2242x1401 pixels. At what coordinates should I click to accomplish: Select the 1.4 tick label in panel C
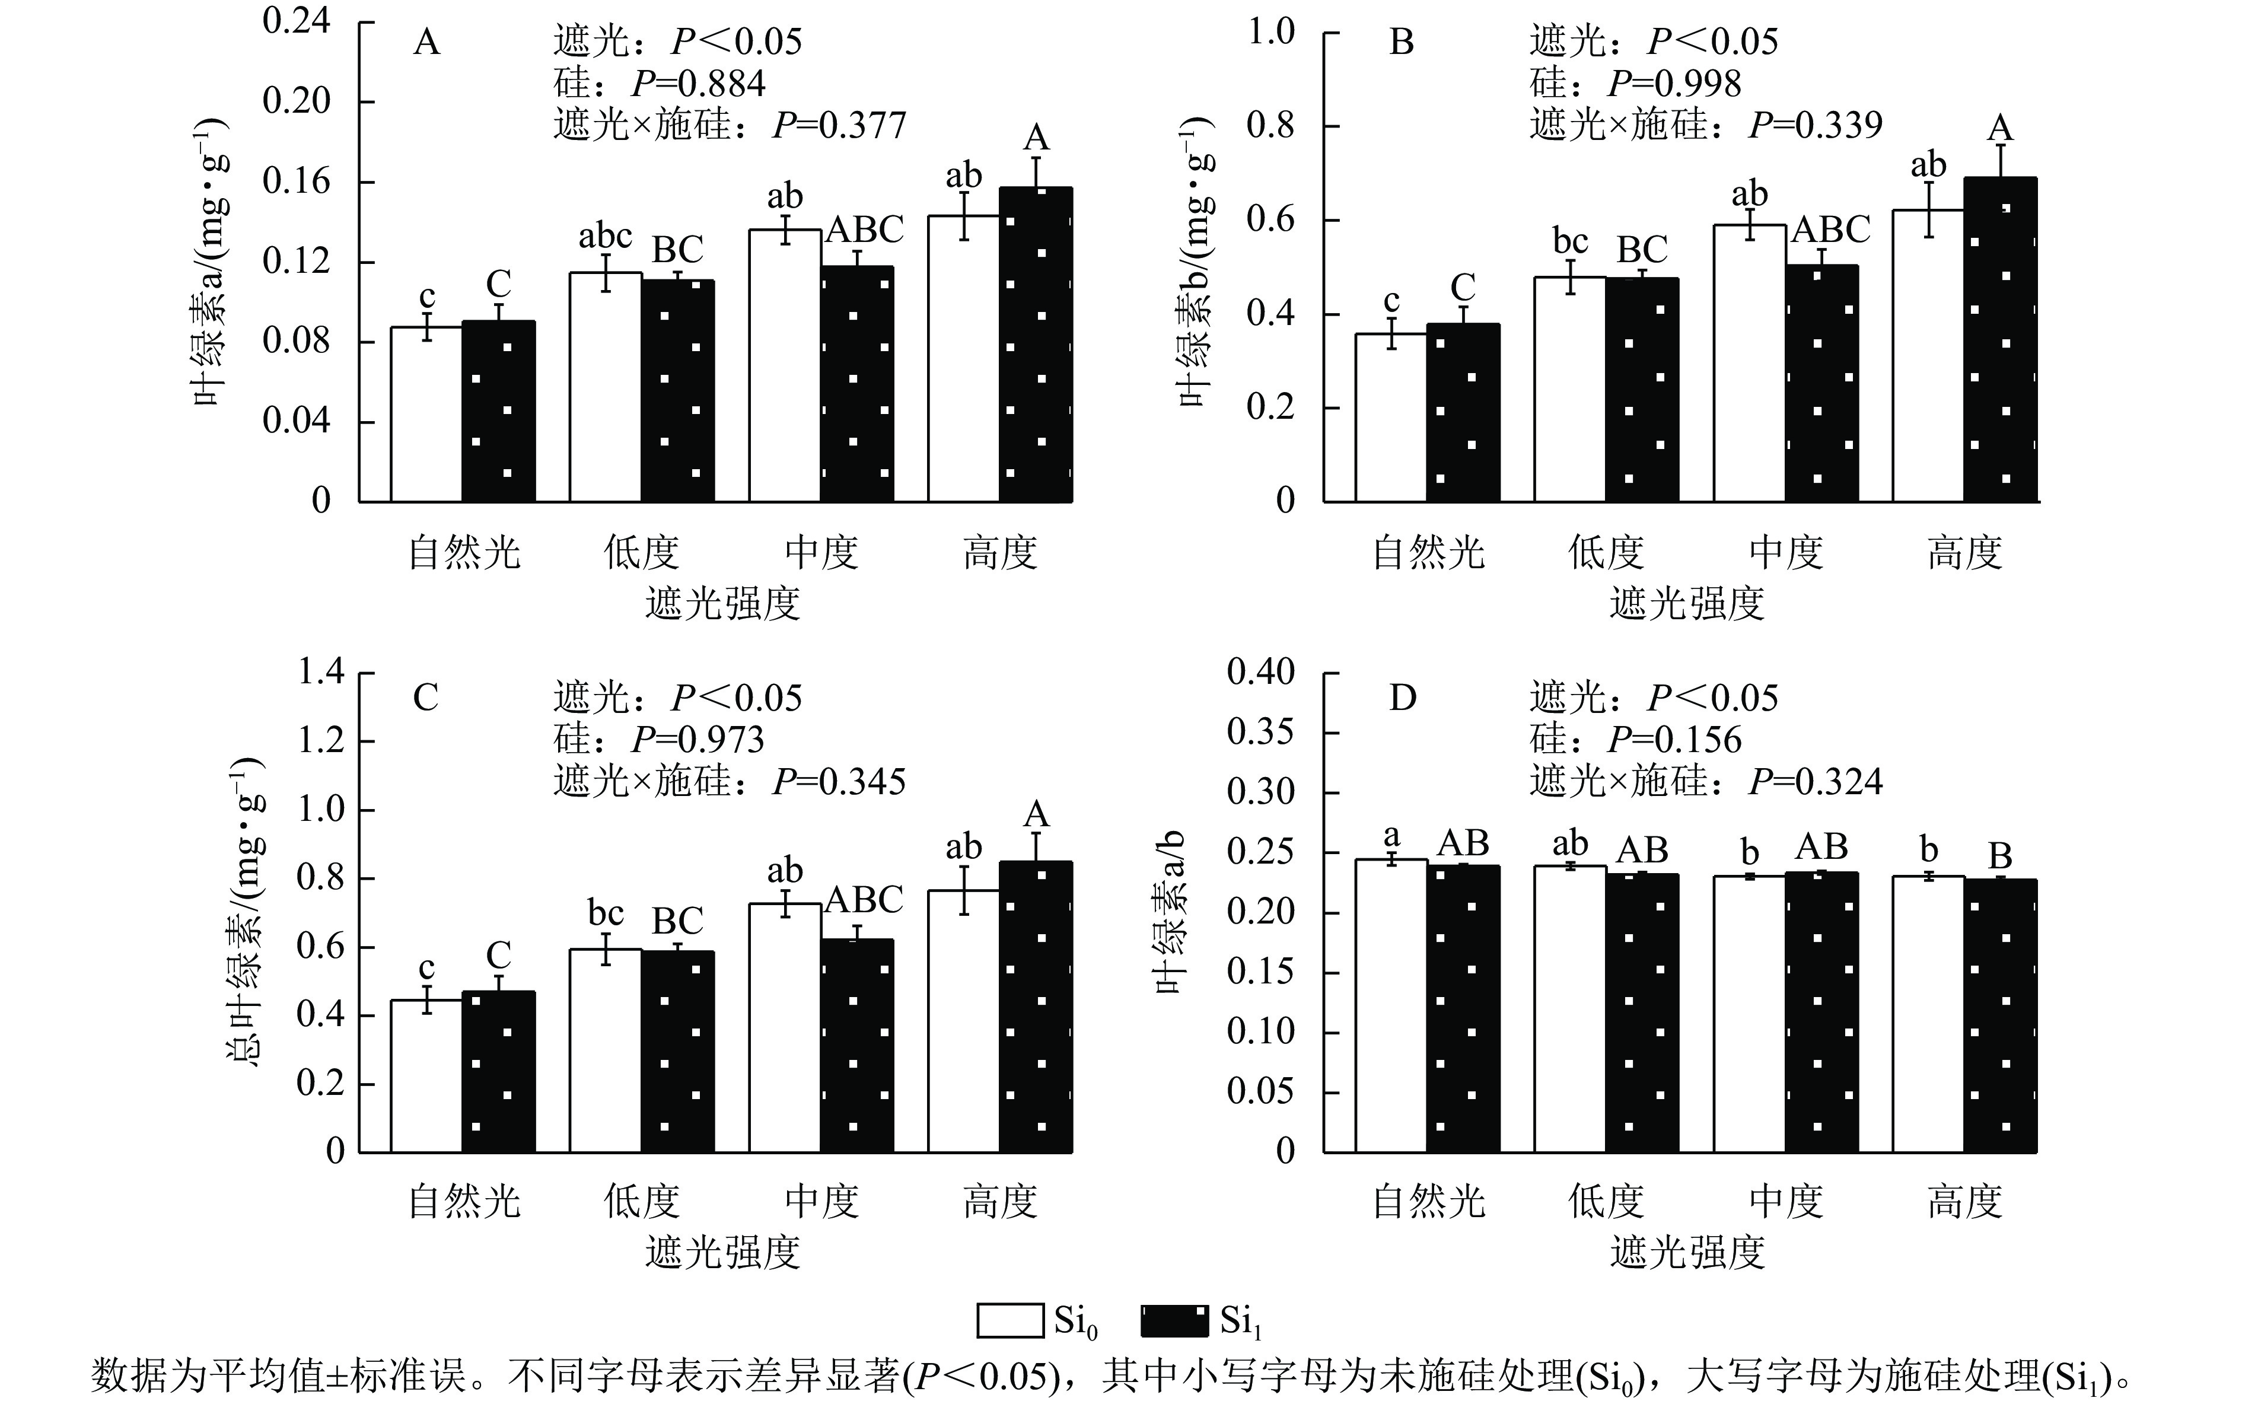(320, 672)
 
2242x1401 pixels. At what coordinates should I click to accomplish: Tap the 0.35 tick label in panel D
(1260, 732)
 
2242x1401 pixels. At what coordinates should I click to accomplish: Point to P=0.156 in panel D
(1674, 740)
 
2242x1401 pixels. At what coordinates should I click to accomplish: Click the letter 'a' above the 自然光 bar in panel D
(1391, 837)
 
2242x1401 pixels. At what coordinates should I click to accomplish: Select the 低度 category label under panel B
(1606, 553)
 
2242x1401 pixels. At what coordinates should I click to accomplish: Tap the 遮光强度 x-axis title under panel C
(722, 1253)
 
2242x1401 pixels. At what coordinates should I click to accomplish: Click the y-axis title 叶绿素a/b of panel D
(1173, 913)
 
